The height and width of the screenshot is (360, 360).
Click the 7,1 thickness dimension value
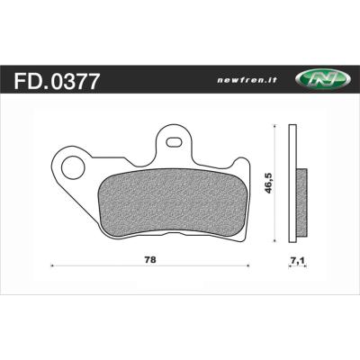pos(294,264)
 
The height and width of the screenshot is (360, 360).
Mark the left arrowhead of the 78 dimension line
pos(52,266)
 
